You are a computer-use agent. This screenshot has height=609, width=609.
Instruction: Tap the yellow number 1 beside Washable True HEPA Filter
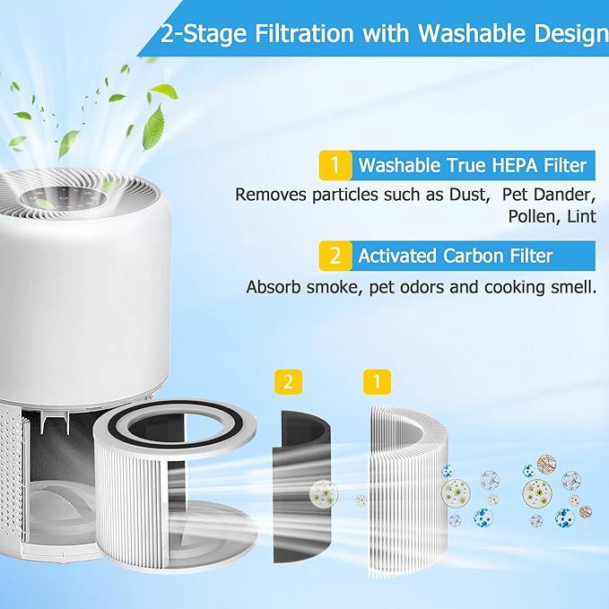(335, 166)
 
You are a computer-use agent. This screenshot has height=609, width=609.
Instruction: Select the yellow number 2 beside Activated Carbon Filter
(335, 257)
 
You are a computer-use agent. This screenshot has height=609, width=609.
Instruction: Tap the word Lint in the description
(580, 216)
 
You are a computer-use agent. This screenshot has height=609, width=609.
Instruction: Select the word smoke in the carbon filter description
(317, 288)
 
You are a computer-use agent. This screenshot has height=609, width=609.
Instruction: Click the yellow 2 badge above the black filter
(287, 382)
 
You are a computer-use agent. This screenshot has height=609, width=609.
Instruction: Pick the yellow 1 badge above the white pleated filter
(377, 382)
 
